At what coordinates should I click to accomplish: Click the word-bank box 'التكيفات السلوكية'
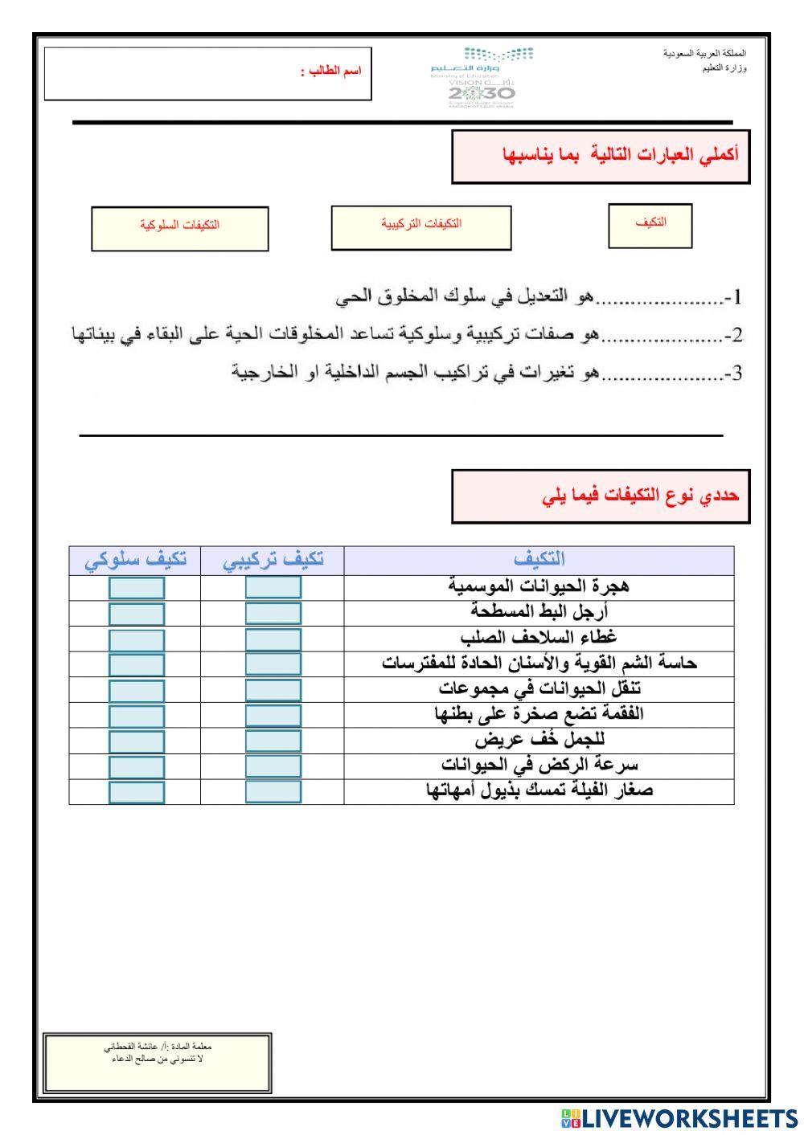point(179,225)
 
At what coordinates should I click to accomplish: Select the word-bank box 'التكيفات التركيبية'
point(420,223)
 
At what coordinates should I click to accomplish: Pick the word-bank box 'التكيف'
point(650,223)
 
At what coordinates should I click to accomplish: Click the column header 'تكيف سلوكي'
point(135,560)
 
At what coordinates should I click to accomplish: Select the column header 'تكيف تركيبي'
point(273,560)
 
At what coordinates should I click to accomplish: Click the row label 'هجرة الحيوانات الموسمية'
point(539,586)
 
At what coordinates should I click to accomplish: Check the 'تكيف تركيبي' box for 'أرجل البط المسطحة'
point(273,614)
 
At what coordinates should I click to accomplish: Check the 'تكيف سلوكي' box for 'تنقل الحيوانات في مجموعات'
point(136,691)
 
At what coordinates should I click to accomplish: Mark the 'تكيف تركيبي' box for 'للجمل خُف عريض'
point(273,741)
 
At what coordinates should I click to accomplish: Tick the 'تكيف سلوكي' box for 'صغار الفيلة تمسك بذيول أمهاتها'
point(136,792)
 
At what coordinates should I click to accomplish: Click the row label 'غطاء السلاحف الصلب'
point(539,638)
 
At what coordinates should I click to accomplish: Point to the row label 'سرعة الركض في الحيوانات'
point(539,765)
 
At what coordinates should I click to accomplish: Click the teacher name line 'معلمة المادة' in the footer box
point(158,1047)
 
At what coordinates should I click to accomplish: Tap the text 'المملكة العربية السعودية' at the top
point(704,54)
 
